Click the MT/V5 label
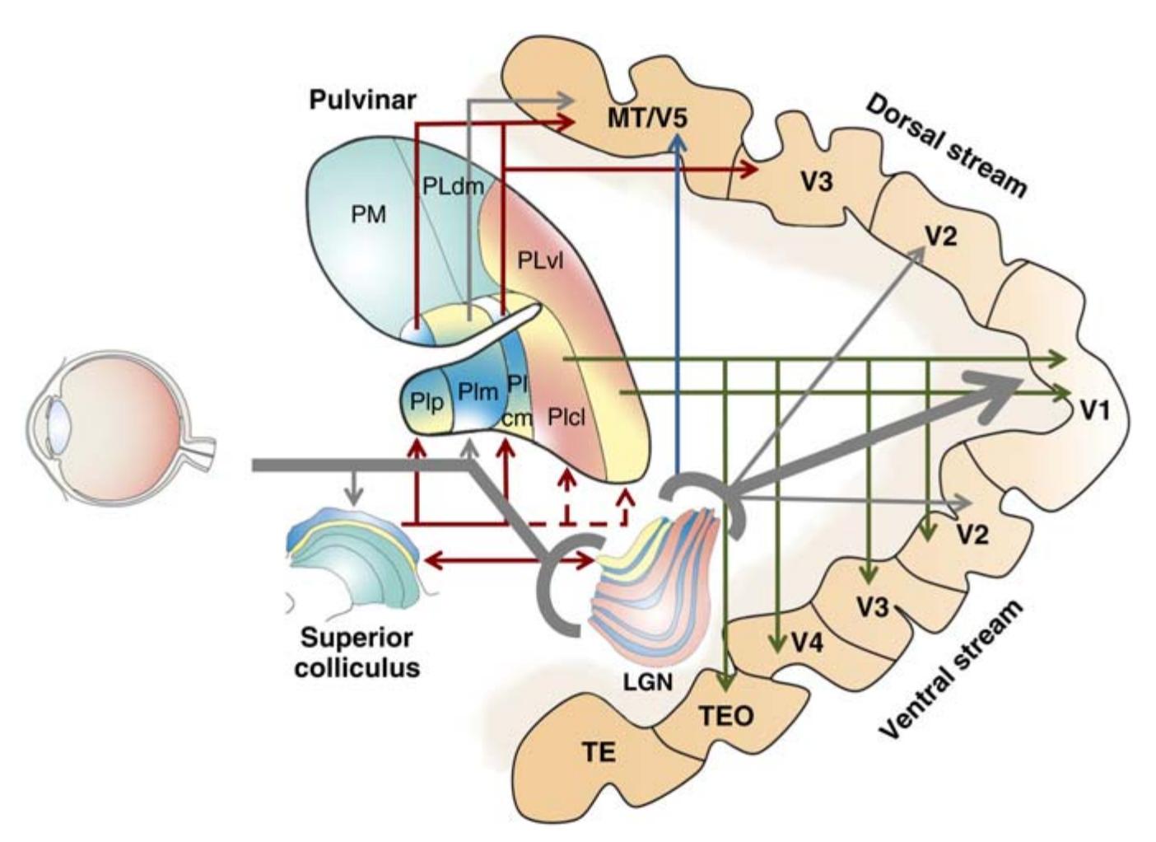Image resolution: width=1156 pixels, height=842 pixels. pos(646,118)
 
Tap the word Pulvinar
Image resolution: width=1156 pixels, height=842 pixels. pos(362,101)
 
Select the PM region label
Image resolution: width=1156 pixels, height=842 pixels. pos(368,215)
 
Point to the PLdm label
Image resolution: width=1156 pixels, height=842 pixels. pos(453,186)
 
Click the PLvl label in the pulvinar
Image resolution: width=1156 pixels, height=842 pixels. pos(540,262)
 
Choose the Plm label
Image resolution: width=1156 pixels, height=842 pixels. pos(478,392)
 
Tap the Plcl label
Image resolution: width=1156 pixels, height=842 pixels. pos(566,417)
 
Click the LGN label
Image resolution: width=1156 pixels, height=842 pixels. pos(650,682)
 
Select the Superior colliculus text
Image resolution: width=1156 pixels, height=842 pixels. pos(357,652)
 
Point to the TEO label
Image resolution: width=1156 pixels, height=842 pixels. pos(726,715)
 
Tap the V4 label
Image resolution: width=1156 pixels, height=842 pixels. pos(807,642)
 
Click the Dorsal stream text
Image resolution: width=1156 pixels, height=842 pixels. pos(947,146)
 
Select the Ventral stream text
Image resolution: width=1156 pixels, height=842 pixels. pos(953,669)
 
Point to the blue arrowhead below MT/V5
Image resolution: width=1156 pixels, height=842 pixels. pos(677,141)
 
